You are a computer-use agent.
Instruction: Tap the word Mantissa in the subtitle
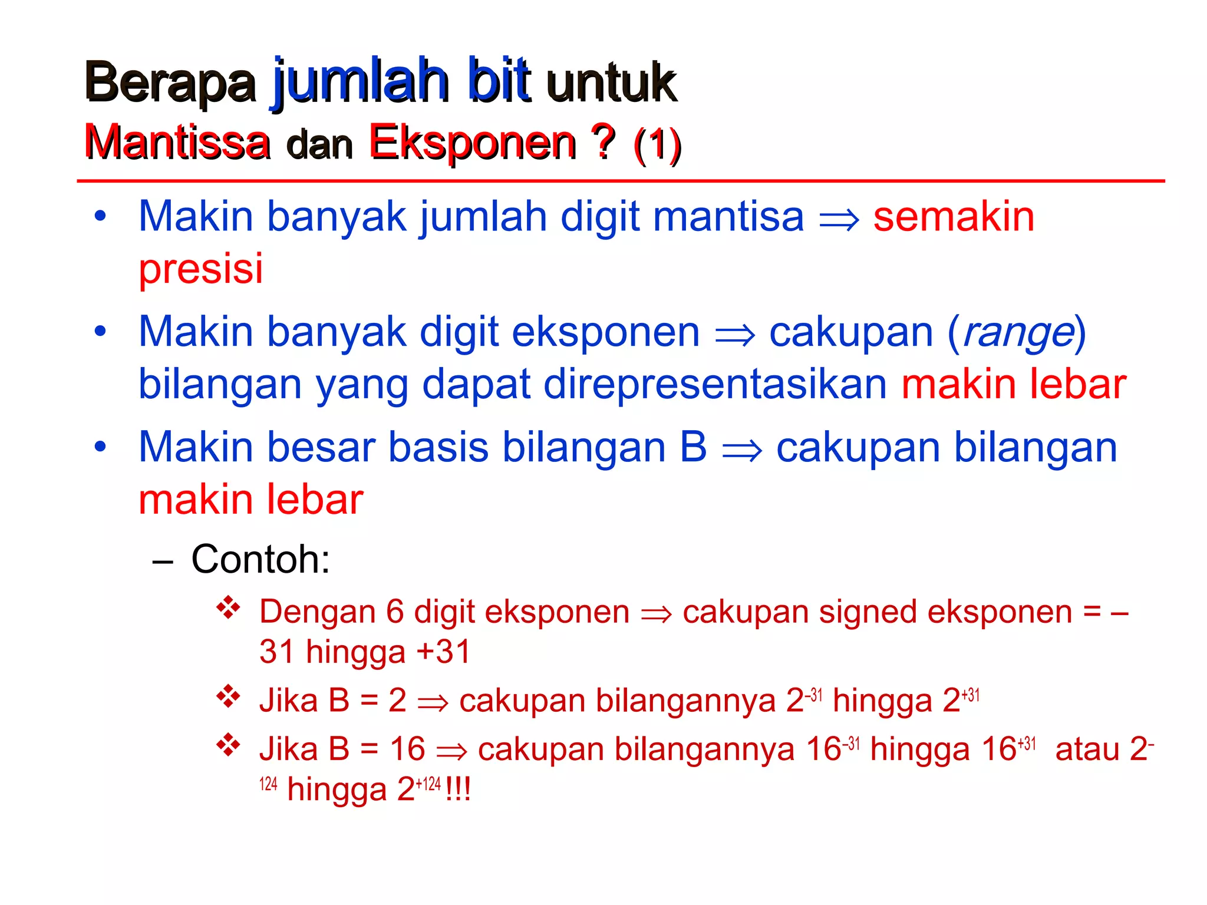pos(177,143)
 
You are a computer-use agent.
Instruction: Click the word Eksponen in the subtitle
pos(472,143)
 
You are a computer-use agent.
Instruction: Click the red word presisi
pos(200,269)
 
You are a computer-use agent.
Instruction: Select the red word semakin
pos(954,217)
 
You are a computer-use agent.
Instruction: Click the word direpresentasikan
pos(715,384)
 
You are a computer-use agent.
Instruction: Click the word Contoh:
pos(260,559)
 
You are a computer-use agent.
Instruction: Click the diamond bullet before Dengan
pos(228,607)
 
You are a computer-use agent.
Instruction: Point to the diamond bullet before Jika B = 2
pos(228,697)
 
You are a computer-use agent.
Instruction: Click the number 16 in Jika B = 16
pos(407,749)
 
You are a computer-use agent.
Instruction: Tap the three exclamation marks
pos(458,790)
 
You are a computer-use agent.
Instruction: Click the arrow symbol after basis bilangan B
pos(741,450)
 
